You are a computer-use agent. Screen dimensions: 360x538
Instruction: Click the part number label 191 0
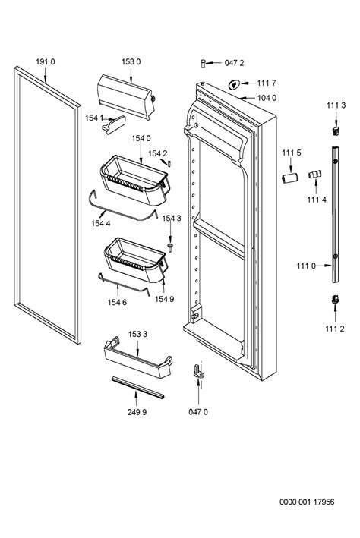coord(46,61)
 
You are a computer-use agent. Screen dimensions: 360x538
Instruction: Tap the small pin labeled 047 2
coord(203,64)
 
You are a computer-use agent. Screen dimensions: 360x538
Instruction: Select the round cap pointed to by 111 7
coord(234,84)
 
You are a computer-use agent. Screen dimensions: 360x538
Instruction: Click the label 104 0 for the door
coord(267,98)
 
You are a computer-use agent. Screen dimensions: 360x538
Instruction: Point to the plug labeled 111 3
coord(336,131)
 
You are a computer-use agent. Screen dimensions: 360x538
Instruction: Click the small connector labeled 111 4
coord(314,174)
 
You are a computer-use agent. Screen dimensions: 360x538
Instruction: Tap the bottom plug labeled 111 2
coord(335,299)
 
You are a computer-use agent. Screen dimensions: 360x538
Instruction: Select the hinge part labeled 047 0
coord(198,373)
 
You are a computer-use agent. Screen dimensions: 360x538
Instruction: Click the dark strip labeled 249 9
coord(137,388)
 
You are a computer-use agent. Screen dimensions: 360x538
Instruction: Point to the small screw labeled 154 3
coord(169,247)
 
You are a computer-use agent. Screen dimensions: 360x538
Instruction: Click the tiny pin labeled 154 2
coord(169,163)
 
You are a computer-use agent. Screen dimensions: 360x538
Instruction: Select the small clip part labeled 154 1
coord(114,124)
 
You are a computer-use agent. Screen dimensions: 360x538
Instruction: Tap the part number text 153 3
coord(137,334)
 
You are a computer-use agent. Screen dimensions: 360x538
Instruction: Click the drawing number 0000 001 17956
coord(307,502)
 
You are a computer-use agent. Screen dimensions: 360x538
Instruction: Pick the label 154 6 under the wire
coord(117,302)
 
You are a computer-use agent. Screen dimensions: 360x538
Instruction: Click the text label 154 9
coord(165,299)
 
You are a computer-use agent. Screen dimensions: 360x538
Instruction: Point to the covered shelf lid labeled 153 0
coord(126,97)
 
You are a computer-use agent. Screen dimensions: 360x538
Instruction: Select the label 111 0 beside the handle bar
coord(306,266)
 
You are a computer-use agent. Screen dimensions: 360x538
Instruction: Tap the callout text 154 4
coord(101,224)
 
